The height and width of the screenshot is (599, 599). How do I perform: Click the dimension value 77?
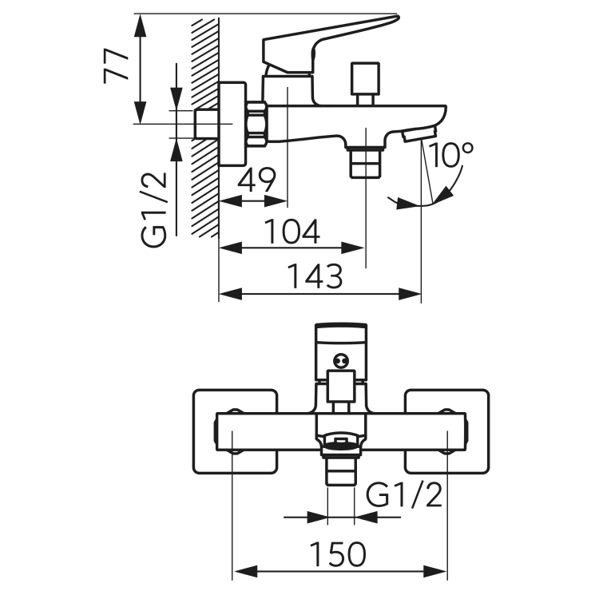point(116,65)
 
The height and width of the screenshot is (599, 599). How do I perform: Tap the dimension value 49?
point(256,180)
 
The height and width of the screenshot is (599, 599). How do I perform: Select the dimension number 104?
point(292,232)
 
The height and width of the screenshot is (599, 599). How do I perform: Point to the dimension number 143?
point(315,276)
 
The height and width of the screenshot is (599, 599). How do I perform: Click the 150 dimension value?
point(338,554)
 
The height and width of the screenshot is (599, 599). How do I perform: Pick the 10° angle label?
point(450,155)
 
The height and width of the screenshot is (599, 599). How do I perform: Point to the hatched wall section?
point(204,128)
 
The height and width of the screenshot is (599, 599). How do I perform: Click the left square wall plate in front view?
point(235,431)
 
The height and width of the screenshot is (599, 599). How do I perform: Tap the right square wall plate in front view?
point(446,431)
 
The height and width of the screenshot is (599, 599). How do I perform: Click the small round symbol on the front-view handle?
point(340,360)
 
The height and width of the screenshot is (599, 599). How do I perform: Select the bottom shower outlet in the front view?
point(340,470)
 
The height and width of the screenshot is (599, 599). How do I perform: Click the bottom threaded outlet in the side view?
point(366,163)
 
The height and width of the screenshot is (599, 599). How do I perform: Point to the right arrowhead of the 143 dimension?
point(410,294)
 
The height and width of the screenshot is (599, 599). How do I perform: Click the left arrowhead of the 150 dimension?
point(245,572)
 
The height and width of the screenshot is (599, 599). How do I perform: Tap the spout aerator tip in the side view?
point(419,134)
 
